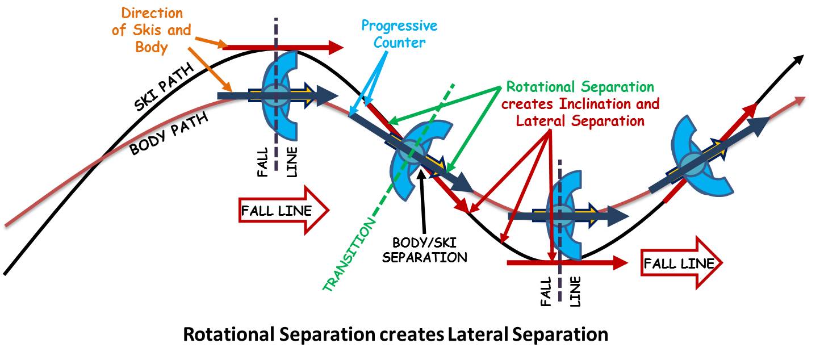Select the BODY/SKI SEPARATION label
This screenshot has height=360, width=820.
[x=424, y=250]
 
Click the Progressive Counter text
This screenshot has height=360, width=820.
[x=400, y=34]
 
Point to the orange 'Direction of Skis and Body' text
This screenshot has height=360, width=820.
[x=151, y=30]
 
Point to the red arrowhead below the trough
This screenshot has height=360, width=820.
[x=620, y=262]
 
